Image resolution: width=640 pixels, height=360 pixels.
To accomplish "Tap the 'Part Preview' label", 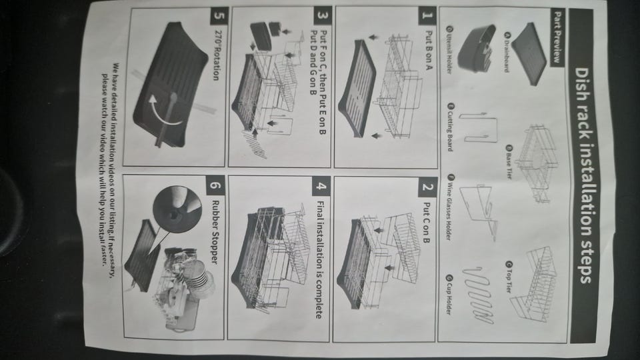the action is (x=557, y=37).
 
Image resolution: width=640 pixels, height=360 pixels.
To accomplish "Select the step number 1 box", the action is (x=427, y=15).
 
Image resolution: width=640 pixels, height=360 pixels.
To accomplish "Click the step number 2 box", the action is (x=427, y=187).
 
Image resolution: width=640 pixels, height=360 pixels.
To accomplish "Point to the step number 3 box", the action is (x=322, y=15).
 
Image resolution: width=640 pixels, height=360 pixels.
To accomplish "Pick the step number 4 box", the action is (x=321, y=187).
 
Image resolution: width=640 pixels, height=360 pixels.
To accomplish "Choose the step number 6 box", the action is (x=215, y=186).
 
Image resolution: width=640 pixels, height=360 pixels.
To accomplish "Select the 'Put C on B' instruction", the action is (x=427, y=223).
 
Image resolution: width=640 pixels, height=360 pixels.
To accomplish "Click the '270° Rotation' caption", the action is (x=216, y=55).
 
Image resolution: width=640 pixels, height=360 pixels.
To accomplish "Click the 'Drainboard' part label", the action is (x=506, y=52).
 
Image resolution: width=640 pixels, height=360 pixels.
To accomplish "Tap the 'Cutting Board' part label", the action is (x=450, y=127).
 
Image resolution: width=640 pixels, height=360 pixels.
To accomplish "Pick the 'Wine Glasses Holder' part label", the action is (x=450, y=207).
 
